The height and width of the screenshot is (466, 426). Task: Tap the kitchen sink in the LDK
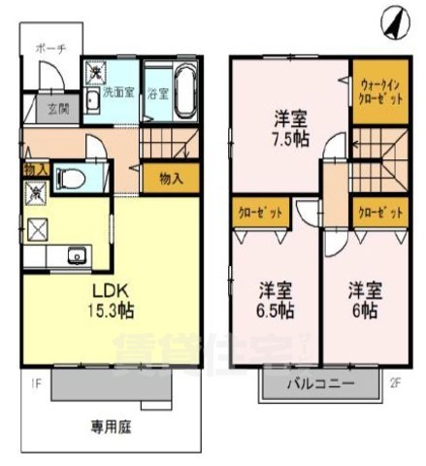click(76, 256)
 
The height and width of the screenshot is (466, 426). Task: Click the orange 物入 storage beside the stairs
click(171, 179)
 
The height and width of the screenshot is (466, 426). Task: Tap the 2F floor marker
click(395, 382)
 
